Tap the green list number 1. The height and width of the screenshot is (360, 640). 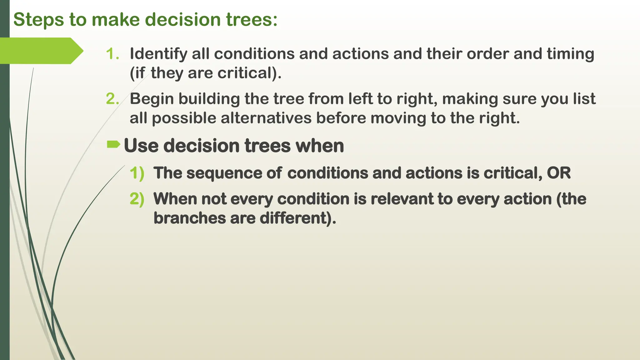pos(112,54)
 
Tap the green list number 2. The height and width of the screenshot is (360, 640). pos(112,99)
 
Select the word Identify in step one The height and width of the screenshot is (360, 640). pos(158,54)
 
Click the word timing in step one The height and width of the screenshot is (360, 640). pos(570,54)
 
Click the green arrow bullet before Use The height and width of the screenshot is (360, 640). pos(113,144)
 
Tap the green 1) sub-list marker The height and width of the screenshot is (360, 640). pos(137,173)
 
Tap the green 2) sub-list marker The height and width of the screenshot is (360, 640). pos(137,199)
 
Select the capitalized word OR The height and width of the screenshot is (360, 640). pos(558,173)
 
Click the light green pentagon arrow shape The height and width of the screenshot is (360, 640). pos(41,51)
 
